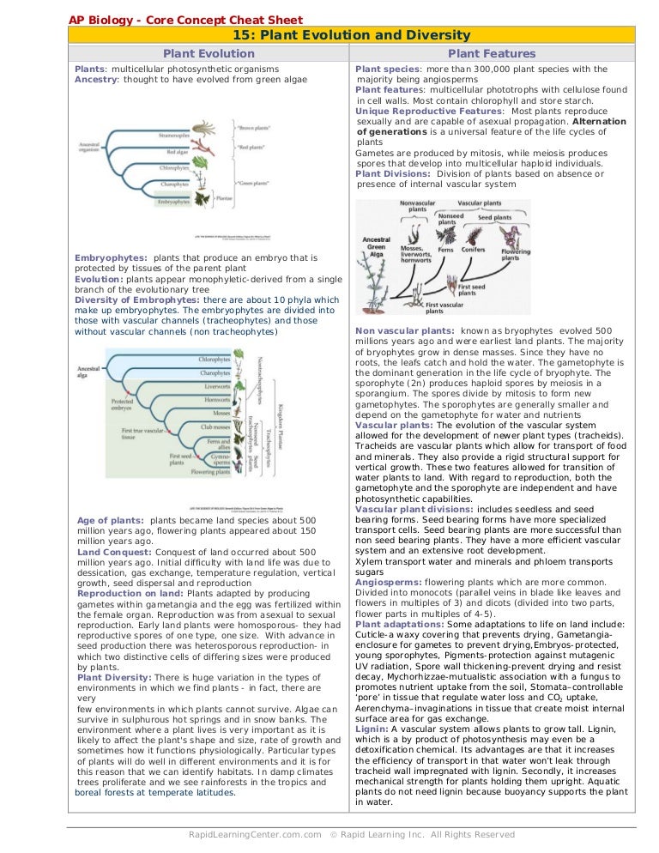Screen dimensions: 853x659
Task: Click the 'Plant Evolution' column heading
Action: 209,53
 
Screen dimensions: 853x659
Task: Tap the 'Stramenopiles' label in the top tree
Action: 175,135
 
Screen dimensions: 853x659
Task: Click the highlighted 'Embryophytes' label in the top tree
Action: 173,203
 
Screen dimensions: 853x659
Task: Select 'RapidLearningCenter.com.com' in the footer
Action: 255,834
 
